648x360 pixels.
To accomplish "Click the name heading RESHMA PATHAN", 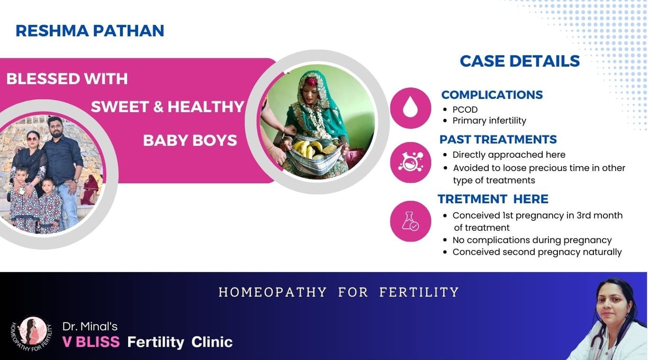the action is coord(89,31).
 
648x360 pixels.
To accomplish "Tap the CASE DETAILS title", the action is coord(519,61).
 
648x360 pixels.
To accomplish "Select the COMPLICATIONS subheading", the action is coord(492,95).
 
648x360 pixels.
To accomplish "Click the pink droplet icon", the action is coord(410,108).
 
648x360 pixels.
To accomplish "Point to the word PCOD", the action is coord(465,110).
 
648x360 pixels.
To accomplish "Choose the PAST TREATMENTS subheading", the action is coord(498,139).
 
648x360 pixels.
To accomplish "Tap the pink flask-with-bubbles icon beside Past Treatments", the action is coord(410,163).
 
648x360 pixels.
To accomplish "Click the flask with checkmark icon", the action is coord(410,221).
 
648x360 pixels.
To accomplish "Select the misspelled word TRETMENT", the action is coord(472,199).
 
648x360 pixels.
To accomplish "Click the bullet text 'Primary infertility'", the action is coord(489,121).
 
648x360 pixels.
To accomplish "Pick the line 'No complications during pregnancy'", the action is coord(532,240).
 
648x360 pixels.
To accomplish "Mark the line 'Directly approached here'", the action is coord(509,155).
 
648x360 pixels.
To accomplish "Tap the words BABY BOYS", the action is coord(190,141).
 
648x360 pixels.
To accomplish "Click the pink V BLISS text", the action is coord(91,342).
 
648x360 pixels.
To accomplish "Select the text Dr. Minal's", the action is coord(89,327).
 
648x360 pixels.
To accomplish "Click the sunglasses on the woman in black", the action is coord(32,139).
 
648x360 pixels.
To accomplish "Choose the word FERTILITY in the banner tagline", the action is coord(419,292).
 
